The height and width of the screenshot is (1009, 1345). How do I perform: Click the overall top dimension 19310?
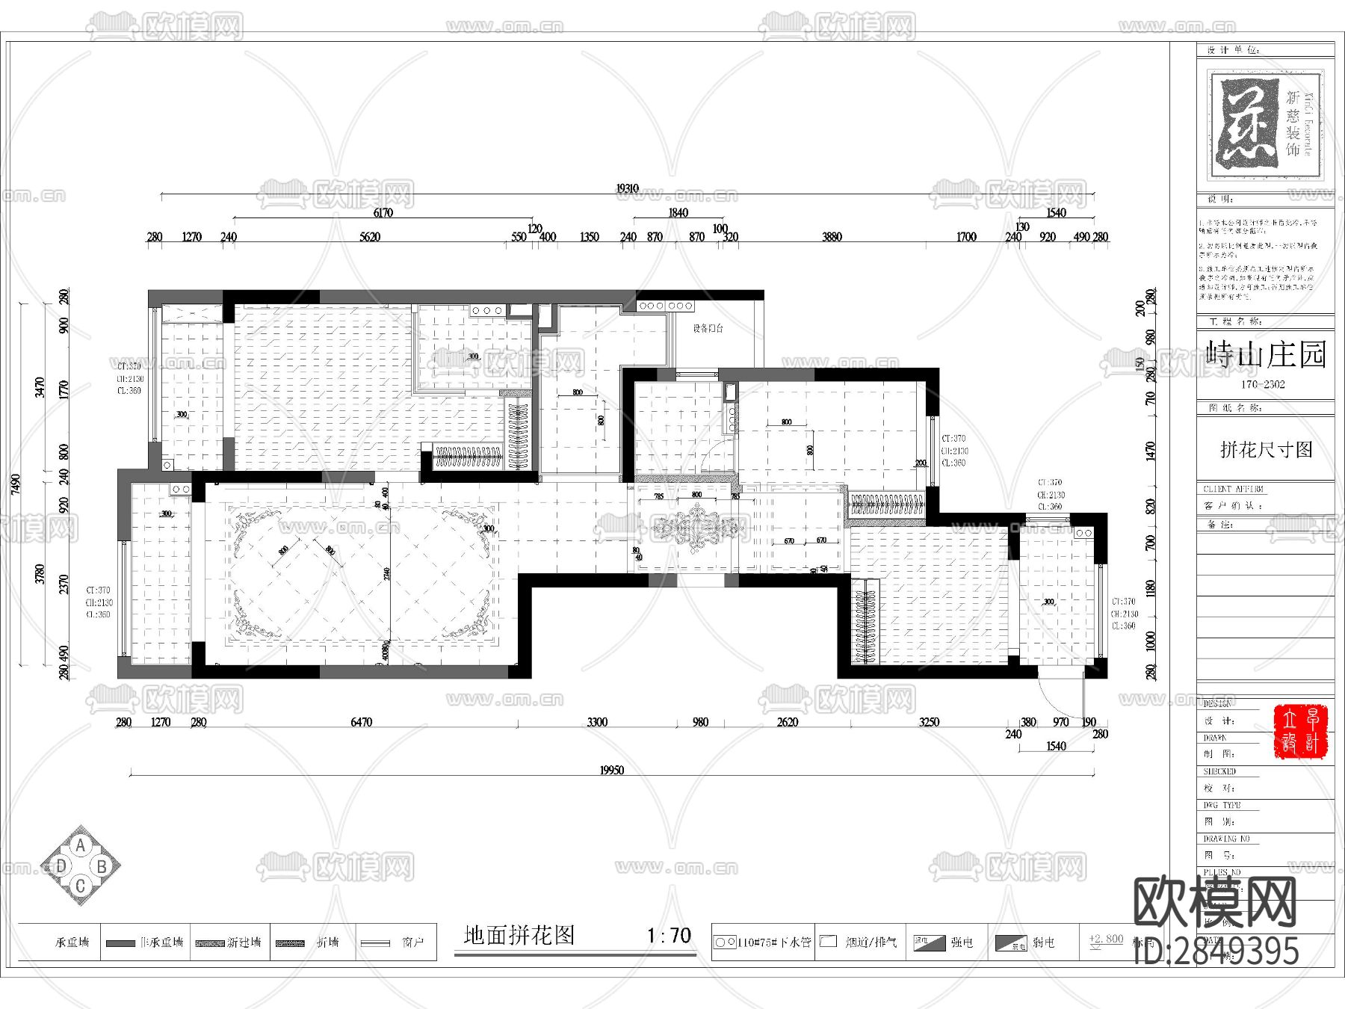(x=627, y=188)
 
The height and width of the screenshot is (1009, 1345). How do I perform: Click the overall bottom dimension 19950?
(x=611, y=770)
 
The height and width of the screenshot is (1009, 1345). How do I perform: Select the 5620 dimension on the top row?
(x=370, y=237)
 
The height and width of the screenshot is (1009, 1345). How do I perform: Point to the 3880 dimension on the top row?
(x=832, y=237)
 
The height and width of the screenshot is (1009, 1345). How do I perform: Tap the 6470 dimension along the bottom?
(x=361, y=722)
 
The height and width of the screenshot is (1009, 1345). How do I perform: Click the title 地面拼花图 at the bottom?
(x=519, y=935)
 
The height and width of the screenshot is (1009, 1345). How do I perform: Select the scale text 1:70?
(x=669, y=935)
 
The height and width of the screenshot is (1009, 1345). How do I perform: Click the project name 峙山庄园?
(x=1266, y=354)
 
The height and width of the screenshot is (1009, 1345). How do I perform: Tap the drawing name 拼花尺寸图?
(x=1266, y=450)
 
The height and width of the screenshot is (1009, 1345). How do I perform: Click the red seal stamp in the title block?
(x=1300, y=731)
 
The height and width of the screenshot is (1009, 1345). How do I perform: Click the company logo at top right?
(x=1265, y=125)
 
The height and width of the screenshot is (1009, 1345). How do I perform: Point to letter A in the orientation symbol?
(x=81, y=846)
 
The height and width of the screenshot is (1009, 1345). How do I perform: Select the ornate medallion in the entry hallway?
(x=697, y=527)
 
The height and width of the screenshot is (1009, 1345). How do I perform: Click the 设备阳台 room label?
(x=708, y=328)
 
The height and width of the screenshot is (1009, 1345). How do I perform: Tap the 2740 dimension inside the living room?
(x=386, y=574)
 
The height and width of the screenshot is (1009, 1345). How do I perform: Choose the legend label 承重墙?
(x=72, y=942)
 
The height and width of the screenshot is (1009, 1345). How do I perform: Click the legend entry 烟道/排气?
(x=871, y=942)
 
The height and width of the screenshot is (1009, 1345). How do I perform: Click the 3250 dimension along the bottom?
(x=929, y=722)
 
